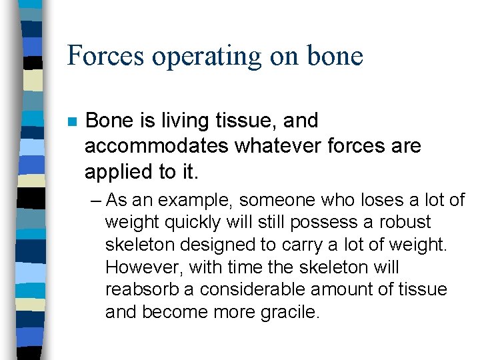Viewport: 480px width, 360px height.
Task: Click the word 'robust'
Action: click(x=406, y=222)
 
